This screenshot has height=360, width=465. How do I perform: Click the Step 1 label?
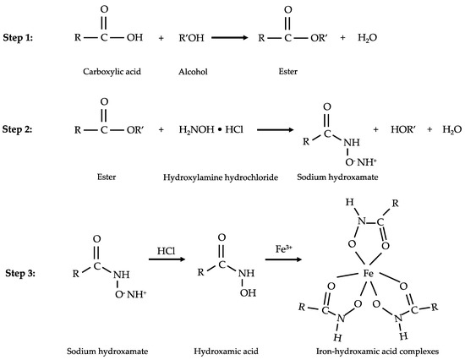(x=20, y=38)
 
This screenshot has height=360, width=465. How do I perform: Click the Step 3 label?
(x=20, y=273)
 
